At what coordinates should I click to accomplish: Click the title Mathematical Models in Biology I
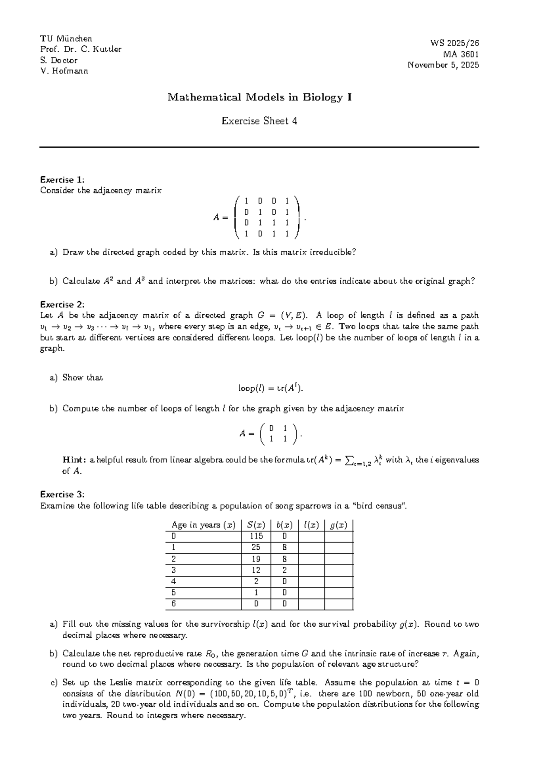click(x=259, y=97)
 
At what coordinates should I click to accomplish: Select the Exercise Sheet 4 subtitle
click(x=259, y=121)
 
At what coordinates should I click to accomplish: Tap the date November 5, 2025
click(x=443, y=65)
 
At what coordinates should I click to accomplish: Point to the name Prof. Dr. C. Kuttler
click(x=81, y=49)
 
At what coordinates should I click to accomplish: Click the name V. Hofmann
click(x=64, y=71)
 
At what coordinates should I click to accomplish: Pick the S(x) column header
click(x=256, y=525)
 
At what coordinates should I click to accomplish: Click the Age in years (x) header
click(x=204, y=525)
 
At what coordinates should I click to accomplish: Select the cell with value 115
click(x=256, y=537)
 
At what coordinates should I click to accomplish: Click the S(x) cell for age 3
click(x=256, y=571)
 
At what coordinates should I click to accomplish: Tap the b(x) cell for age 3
click(x=284, y=571)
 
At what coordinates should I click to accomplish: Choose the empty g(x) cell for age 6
click(x=338, y=604)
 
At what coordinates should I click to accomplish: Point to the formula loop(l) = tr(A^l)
click(x=271, y=389)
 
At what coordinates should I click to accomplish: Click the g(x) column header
click(x=338, y=525)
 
